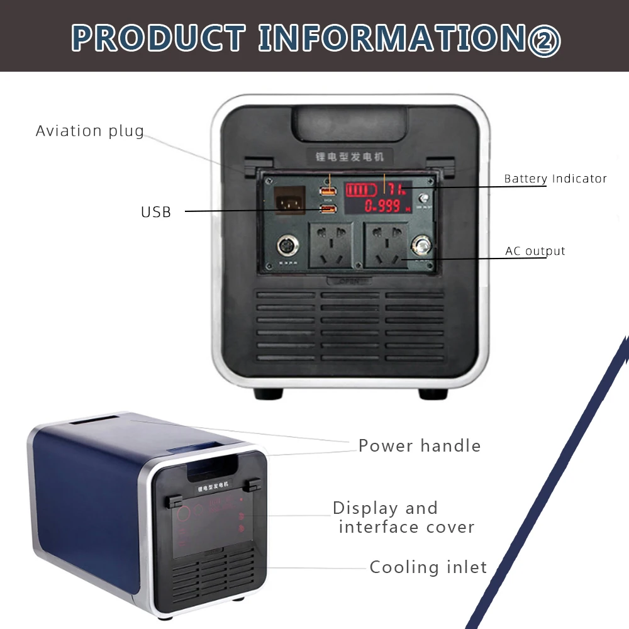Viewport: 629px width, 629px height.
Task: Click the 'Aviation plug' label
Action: pyautogui.click(x=90, y=131)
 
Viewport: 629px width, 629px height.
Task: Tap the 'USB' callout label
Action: pyautogui.click(x=156, y=212)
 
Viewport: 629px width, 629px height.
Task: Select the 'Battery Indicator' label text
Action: pyautogui.click(x=555, y=179)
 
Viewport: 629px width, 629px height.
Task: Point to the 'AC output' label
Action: pyautogui.click(x=535, y=251)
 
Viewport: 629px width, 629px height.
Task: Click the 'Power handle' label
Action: pyautogui.click(x=420, y=446)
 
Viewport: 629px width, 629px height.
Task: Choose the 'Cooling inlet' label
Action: pyautogui.click(x=428, y=567)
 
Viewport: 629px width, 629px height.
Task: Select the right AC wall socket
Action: pyautogui.click(x=387, y=247)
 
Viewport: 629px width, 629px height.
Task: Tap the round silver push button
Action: pyautogui.click(x=421, y=245)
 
